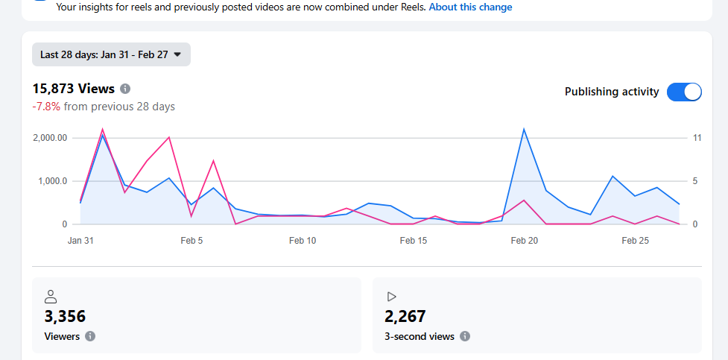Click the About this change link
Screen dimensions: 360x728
(x=470, y=7)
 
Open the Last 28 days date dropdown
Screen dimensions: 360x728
(x=111, y=54)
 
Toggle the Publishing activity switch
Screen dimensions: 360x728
(x=684, y=92)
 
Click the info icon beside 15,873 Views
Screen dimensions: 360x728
(x=125, y=89)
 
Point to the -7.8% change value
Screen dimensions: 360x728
(x=46, y=107)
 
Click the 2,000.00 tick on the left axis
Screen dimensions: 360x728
(x=51, y=138)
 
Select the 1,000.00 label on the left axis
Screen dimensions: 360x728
(x=51, y=181)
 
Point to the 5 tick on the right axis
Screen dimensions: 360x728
(x=694, y=181)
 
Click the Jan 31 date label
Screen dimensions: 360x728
(x=80, y=241)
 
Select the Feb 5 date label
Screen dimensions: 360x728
(x=192, y=241)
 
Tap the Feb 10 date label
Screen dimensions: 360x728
(x=303, y=241)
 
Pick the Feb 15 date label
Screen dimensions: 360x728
(x=414, y=241)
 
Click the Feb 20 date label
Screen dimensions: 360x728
(x=524, y=241)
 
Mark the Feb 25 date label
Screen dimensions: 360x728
(x=635, y=241)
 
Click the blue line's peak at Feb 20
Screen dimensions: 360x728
(x=524, y=129)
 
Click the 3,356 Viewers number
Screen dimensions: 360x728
(x=65, y=316)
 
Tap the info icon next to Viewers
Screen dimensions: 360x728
(x=90, y=336)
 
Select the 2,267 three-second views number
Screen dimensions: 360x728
(x=405, y=316)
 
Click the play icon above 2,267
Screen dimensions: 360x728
(x=391, y=297)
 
